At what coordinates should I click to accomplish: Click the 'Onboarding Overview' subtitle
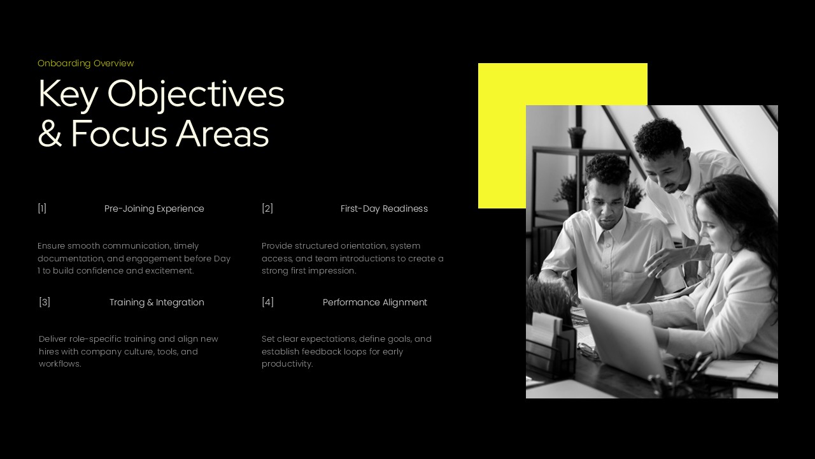(85, 63)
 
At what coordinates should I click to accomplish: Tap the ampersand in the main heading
(50, 133)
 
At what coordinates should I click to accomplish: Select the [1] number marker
(42, 208)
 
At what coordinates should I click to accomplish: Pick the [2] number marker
(267, 208)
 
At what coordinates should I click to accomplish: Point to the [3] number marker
(45, 302)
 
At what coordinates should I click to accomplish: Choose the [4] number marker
(267, 302)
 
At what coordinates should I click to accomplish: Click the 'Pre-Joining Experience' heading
(154, 208)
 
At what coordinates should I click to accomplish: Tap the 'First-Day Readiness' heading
(384, 208)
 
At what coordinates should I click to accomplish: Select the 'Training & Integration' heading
(157, 302)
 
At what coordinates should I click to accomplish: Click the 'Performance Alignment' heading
(374, 302)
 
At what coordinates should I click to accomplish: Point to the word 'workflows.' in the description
(60, 364)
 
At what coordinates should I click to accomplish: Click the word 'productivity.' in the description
(287, 364)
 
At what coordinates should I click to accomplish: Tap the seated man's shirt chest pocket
(637, 280)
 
